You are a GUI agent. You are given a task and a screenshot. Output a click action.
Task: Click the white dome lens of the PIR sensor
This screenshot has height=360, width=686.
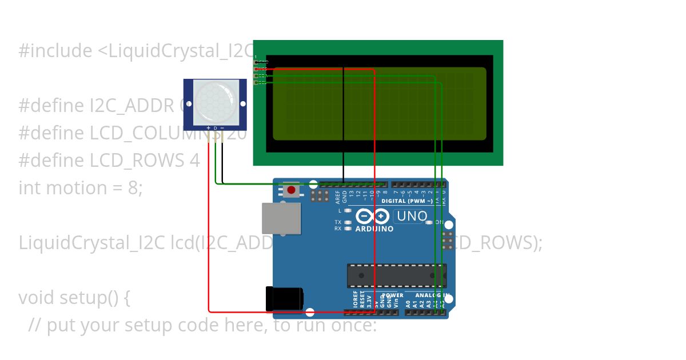(216, 102)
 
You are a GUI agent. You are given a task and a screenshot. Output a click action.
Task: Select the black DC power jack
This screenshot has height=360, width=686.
(284, 299)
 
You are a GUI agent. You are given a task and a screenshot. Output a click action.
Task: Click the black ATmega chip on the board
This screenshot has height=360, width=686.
(397, 275)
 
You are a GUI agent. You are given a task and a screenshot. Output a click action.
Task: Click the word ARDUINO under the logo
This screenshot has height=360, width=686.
(374, 229)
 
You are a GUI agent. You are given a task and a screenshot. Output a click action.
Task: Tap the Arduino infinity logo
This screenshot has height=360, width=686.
(373, 217)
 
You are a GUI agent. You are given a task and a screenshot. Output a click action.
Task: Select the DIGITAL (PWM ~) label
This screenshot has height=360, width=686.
(406, 201)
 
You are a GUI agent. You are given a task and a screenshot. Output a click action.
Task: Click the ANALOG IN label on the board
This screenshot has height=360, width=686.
(431, 295)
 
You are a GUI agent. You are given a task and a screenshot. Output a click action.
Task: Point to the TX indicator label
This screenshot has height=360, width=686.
(338, 222)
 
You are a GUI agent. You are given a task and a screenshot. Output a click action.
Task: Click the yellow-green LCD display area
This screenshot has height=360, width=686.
(379, 103)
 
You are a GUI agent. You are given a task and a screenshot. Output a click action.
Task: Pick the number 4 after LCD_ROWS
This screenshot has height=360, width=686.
(194, 161)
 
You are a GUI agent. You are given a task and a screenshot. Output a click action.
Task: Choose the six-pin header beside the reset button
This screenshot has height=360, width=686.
(320, 196)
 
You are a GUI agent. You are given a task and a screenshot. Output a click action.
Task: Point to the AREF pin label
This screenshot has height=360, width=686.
(338, 198)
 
